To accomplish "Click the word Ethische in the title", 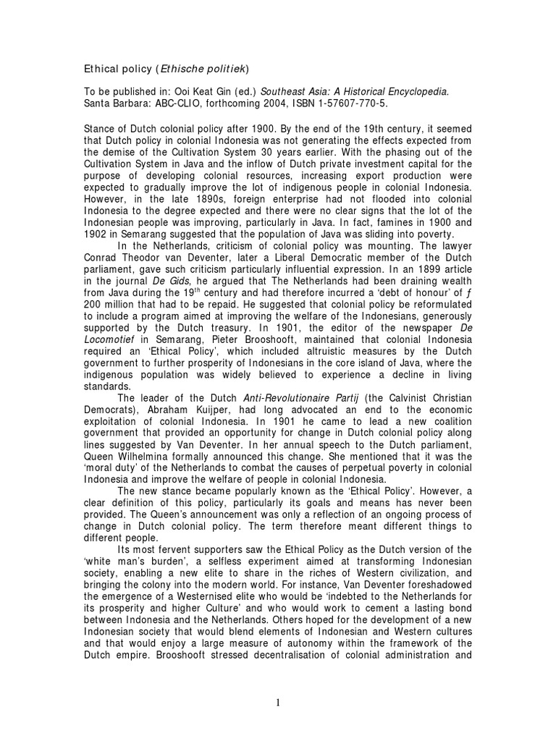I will (x=184, y=69).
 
